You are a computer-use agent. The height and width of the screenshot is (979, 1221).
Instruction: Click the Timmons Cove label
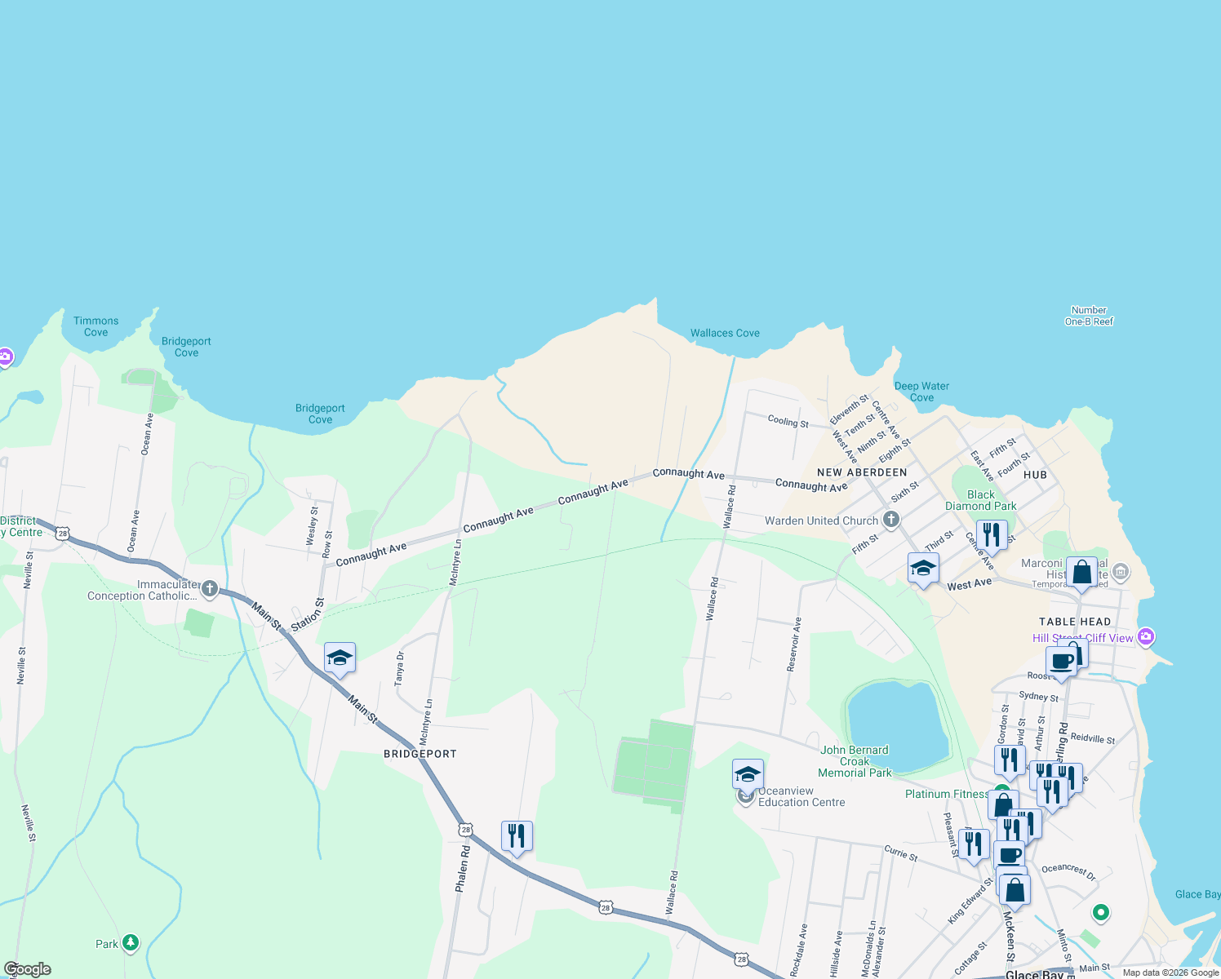(x=96, y=326)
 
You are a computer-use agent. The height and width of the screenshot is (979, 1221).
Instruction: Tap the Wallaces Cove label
(x=725, y=333)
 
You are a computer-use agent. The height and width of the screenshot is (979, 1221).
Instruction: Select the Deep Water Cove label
(x=921, y=392)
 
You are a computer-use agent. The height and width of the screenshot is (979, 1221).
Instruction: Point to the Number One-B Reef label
(x=1089, y=316)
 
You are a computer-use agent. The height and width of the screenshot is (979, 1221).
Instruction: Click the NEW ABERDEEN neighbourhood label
(x=862, y=472)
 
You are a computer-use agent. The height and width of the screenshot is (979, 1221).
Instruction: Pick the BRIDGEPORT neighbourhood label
(x=420, y=754)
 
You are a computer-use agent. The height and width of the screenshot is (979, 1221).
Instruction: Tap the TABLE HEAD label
(x=1075, y=622)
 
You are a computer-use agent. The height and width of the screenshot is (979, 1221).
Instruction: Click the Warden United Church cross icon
(x=891, y=520)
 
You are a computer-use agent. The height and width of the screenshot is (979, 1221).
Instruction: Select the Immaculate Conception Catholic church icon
(x=210, y=589)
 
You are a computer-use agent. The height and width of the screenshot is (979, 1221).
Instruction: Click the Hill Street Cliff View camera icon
(x=1146, y=636)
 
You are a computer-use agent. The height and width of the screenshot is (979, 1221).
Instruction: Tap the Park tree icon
(x=131, y=943)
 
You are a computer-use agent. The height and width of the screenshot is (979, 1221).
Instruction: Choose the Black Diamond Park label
(x=981, y=500)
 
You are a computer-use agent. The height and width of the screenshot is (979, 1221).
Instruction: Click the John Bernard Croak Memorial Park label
(x=855, y=761)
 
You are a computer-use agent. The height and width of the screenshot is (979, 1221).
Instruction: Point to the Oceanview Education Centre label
(x=801, y=796)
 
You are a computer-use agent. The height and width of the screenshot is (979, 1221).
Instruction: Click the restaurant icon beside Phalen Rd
(x=517, y=836)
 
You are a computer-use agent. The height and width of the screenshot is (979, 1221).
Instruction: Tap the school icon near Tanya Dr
(x=340, y=658)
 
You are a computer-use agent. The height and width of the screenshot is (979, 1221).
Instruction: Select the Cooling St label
(x=788, y=421)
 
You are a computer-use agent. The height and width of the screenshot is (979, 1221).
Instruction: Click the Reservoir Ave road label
(x=794, y=645)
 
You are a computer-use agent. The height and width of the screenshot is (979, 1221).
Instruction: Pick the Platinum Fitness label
(x=946, y=794)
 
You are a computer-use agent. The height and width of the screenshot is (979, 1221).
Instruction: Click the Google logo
(x=28, y=969)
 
